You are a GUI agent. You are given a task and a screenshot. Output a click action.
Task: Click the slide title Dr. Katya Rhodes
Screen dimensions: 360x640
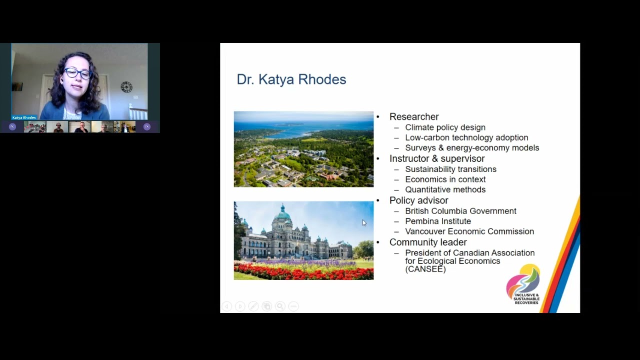291,79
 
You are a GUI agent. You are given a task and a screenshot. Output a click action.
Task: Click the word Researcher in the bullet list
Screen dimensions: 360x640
414,116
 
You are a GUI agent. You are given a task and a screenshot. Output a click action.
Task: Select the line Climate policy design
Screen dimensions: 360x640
445,127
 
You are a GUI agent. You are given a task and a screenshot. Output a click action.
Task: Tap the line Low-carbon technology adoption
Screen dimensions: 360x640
466,137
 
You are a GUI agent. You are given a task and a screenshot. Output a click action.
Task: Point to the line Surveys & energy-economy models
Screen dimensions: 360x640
472,148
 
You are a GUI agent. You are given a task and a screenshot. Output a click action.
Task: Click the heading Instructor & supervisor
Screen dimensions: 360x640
437,158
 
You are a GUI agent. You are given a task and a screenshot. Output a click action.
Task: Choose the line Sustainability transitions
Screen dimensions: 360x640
450,169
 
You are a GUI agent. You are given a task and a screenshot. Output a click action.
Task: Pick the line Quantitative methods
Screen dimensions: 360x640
445,190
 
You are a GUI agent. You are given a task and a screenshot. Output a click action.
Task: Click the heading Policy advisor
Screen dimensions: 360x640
418,200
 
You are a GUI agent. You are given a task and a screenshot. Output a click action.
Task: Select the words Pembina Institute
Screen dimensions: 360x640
438,221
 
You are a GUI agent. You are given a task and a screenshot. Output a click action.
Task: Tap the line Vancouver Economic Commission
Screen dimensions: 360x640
469,231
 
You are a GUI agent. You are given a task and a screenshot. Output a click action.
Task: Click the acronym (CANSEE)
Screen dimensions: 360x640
425,269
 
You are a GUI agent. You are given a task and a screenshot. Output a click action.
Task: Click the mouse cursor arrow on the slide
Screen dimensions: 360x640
364,222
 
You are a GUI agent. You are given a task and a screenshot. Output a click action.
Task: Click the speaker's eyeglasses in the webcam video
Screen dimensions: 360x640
77,74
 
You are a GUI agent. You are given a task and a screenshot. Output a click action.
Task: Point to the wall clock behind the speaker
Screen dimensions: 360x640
126,87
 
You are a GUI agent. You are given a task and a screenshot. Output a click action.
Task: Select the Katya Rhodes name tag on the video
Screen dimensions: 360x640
24,117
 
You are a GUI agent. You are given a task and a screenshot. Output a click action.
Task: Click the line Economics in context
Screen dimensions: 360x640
445,179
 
